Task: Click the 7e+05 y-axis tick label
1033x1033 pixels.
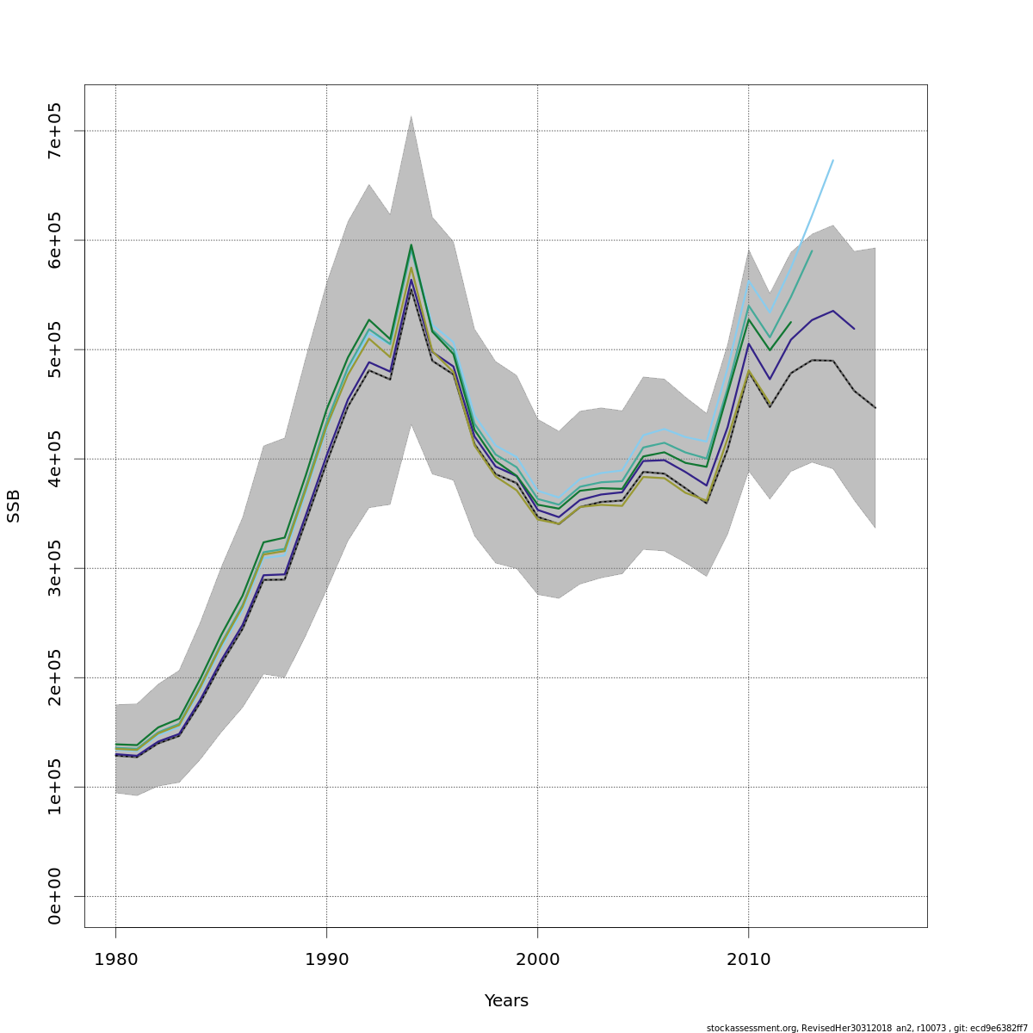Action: pos(54,131)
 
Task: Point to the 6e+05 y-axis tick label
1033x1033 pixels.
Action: pos(54,240)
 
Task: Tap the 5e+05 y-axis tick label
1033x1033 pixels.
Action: pos(54,349)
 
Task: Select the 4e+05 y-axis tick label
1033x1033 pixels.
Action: pos(54,459)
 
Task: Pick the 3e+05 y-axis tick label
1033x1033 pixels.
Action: pos(54,568)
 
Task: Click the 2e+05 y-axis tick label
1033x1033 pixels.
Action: pos(54,677)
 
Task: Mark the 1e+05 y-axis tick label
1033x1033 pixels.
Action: pos(54,787)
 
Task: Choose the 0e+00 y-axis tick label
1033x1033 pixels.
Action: pos(54,896)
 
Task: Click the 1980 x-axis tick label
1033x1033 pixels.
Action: pos(115,960)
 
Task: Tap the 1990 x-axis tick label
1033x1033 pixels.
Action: pos(326,960)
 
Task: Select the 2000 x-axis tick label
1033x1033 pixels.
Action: pos(537,960)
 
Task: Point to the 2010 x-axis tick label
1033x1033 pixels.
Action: pos(748,960)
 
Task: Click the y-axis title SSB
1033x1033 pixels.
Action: pos(14,505)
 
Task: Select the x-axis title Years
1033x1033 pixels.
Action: pos(506,1001)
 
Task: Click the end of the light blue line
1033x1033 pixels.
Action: pos(832,160)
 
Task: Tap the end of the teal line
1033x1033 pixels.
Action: pos(812,251)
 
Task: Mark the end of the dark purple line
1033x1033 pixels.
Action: pos(854,329)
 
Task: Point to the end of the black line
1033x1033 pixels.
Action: pos(875,407)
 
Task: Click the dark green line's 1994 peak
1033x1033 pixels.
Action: pos(411,244)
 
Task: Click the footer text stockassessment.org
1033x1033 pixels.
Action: pos(752,1028)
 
